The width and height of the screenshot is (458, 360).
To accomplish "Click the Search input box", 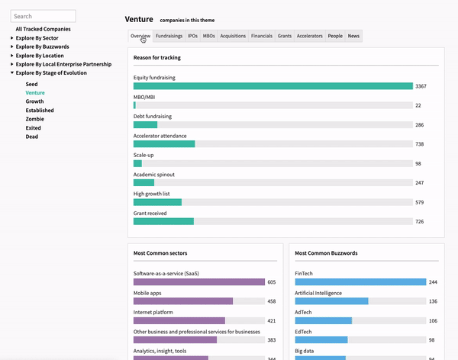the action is (44, 16).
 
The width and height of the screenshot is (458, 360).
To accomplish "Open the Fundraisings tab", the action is (169, 36).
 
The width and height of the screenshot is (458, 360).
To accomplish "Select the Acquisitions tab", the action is (233, 36).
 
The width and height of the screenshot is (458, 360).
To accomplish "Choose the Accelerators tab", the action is (310, 36).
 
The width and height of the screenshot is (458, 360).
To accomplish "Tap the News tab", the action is (353, 36).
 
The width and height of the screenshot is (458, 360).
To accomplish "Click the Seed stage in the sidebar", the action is (31, 84).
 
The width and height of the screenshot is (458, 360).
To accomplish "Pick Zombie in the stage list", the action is (35, 119).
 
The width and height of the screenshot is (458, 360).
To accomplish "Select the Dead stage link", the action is (32, 137).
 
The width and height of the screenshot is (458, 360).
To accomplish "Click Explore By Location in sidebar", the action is (40, 56).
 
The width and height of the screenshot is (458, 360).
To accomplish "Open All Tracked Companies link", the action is (44, 29).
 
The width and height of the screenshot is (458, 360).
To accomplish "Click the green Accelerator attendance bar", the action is (164, 144).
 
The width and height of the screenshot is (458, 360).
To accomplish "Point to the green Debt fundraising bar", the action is (146, 124).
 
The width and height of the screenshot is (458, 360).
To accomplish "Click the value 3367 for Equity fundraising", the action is (421, 86).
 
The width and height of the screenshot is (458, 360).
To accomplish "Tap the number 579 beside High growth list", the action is (419, 202).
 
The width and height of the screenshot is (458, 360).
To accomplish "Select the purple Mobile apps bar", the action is (183, 301).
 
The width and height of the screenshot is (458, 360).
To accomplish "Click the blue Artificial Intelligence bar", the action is (331, 301).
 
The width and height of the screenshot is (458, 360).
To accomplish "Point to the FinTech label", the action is (304, 273).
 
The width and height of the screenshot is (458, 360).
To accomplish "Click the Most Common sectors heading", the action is (160, 253).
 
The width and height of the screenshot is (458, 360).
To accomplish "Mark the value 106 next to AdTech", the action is (433, 320).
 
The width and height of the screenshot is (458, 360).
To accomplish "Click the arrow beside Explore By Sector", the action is (12, 37).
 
